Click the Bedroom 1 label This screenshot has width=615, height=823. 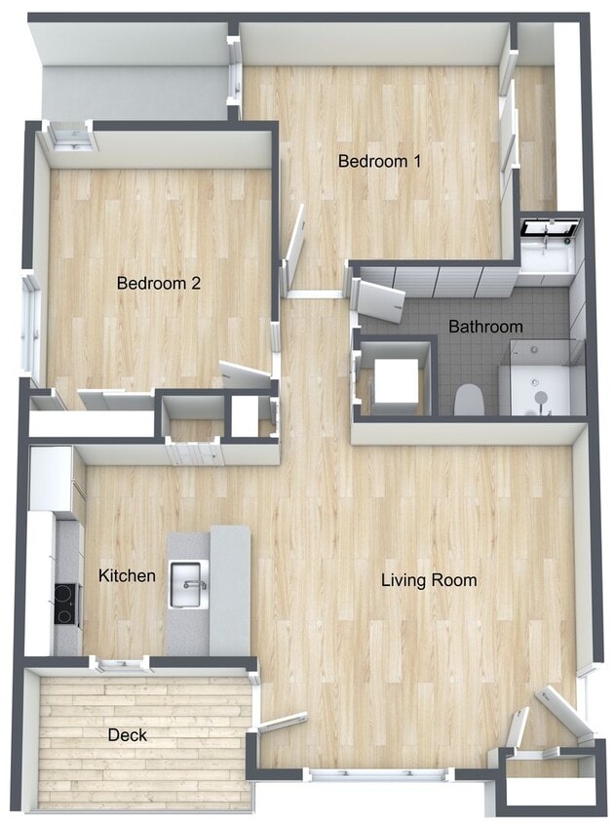(x=379, y=161)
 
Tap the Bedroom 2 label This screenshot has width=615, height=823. (x=158, y=284)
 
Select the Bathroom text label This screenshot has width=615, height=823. (x=484, y=327)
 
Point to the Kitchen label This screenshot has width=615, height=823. (x=127, y=576)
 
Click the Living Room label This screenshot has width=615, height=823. (x=429, y=580)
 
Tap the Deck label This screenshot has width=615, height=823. (x=127, y=734)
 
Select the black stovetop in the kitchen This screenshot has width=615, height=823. (x=66, y=603)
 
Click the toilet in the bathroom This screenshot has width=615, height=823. (x=469, y=399)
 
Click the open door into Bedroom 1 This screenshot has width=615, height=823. (x=294, y=249)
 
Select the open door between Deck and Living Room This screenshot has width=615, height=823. (x=282, y=723)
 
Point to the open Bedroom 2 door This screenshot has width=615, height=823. (x=245, y=373)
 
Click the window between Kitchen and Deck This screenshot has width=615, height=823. (x=120, y=666)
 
